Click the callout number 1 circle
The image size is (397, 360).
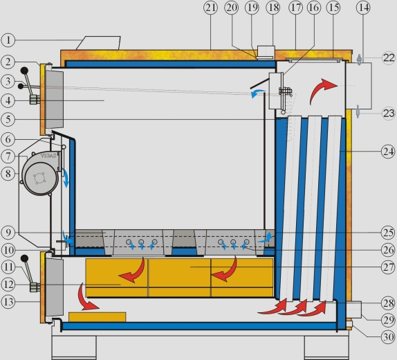coord(8,40)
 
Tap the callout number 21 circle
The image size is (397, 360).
coord(210,8)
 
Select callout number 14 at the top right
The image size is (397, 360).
coord(363,8)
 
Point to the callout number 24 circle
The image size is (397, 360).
coord(388,152)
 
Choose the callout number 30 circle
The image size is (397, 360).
coord(388,337)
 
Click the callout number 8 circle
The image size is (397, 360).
coord(8,174)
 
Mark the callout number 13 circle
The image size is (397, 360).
coord(8,302)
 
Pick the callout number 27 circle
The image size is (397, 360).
coord(388,267)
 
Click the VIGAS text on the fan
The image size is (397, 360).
coord(48,156)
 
